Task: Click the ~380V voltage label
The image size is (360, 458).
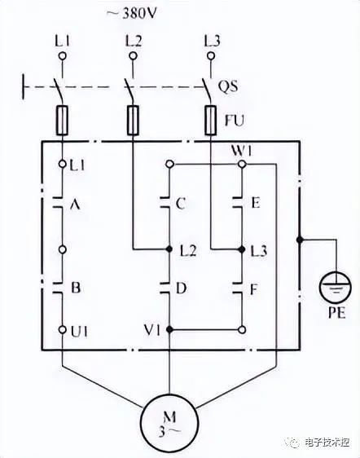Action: pos(131,14)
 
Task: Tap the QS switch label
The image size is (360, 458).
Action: pos(228,86)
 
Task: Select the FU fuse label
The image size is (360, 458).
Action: pos(234,120)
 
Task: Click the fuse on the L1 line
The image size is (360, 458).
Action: pos(62,120)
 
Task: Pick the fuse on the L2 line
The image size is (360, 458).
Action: pos(133,120)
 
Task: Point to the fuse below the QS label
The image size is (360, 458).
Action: pos(210,120)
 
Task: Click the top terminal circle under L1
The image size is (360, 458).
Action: pos(62,55)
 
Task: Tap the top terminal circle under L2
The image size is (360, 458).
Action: pos(133,55)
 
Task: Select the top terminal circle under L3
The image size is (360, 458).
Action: pos(210,55)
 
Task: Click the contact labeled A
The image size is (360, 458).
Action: pos(59,203)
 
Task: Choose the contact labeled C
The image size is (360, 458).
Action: pos(165,203)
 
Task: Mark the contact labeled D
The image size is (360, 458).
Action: pos(165,288)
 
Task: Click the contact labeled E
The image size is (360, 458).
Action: pos(238,203)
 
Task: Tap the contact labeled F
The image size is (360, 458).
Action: pos(238,288)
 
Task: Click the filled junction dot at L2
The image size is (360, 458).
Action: pos(169,249)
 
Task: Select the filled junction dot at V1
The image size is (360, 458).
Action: pos(169,329)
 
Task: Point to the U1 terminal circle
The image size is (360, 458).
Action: pos(62,329)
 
